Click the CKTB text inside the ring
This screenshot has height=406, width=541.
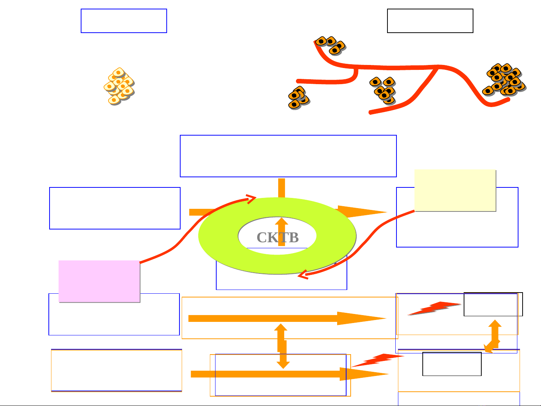tap(277, 238)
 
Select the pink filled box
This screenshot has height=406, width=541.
tap(99, 281)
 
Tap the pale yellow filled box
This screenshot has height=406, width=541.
tap(455, 190)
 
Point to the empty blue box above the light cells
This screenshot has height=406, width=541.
tap(124, 21)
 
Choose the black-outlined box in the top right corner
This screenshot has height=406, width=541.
tap(430, 21)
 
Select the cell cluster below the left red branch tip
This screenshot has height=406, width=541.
tap(298, 98)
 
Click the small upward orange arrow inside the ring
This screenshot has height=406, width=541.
tap(281, 231)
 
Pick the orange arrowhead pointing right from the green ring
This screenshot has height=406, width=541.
tap(360, 212)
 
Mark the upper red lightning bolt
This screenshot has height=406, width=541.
tap(434, 308)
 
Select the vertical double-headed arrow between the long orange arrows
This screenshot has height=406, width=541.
tap(282, 346)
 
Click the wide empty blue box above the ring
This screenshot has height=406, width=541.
tap(288, 156)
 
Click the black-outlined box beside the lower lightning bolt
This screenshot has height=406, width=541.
tap(452, 364)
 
